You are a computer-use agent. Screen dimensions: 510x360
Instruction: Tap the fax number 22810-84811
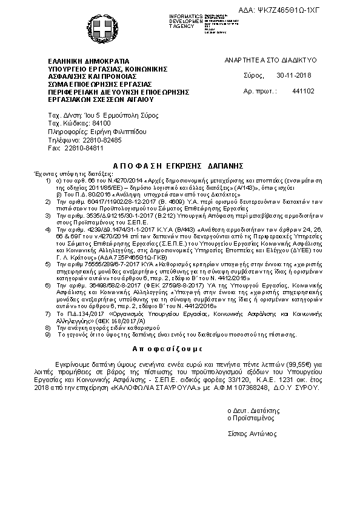tap(84, 147)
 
